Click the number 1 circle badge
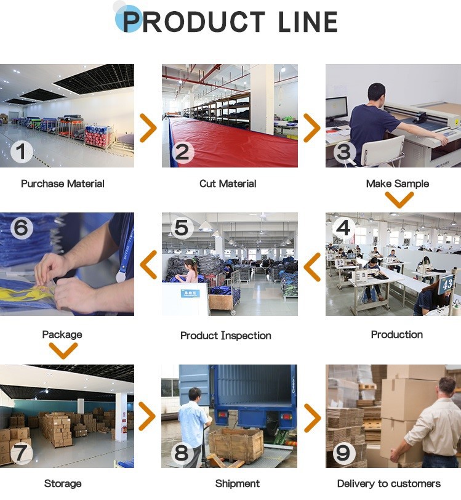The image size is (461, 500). (x=22, y=151)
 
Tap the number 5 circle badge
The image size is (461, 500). (x=181, y=228)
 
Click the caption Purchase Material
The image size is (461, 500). (x=63, y=183)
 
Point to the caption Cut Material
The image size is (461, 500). (x=228, y=183)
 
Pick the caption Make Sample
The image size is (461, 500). (x=398, y=183)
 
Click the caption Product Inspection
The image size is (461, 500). (x=226, y=336)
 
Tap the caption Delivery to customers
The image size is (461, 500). (x=389, y=483)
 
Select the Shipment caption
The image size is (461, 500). (x=238, y=483)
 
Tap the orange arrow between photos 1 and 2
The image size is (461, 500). (x=148, y=128)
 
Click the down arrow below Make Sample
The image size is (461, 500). (x=399, y=200)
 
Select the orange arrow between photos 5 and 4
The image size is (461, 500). (x=313, y=266)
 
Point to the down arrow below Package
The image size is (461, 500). (x=63, y=350)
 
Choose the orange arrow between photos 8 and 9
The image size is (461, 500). (x=313, y=418)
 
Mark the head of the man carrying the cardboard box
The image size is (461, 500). (x=447, y=387)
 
